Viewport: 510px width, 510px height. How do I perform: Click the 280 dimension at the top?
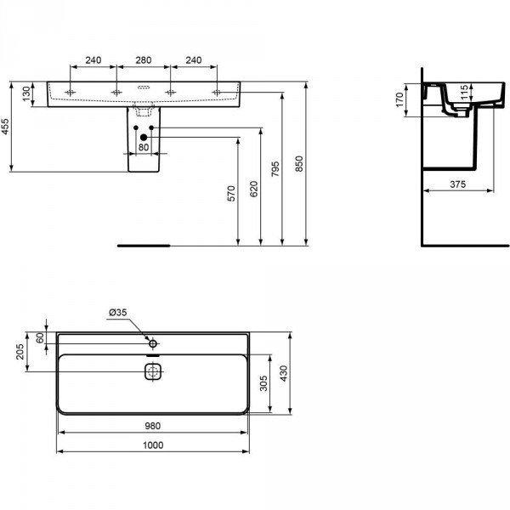144,61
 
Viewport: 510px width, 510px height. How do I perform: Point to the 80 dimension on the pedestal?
144,147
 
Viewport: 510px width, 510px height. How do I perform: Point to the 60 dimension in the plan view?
40,337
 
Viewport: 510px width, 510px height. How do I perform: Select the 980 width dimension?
153,427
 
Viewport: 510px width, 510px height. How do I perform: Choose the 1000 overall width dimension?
153,445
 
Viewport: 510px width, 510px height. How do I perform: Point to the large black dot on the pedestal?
144,137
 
